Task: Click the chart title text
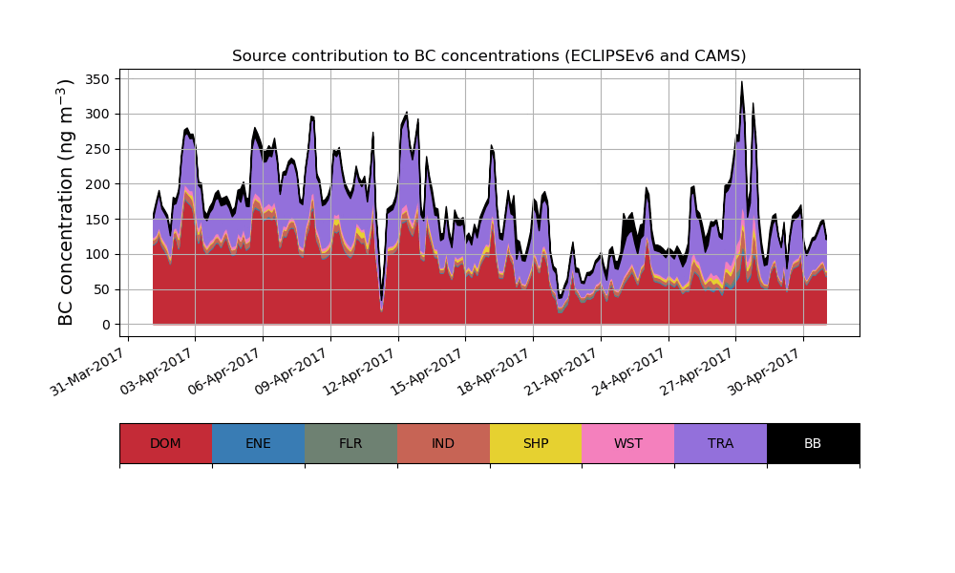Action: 489,56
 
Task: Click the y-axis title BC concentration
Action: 66,202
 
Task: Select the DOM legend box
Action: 165,443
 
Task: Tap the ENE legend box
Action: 258,443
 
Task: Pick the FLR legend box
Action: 350,443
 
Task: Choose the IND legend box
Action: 443,443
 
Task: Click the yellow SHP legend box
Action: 536,443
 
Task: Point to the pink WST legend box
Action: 628,443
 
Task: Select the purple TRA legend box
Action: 721,443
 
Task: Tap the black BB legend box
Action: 813,443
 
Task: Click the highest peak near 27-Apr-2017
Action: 742,83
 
